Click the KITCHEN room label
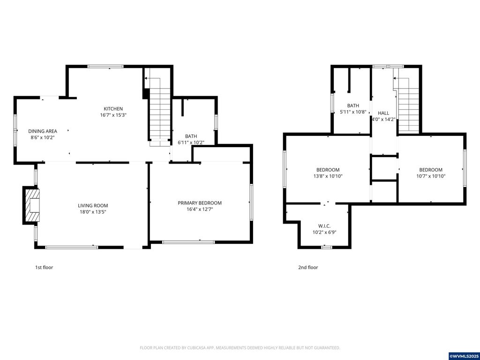(113, 109)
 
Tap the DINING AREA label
(43, 131)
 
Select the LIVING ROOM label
(93, 205)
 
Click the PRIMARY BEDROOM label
(200, 203)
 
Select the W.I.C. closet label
(324, 226)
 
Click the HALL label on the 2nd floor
(383, 113)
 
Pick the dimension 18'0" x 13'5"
(93, 212)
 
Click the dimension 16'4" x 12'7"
(200, 210)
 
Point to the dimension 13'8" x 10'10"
(328, 176)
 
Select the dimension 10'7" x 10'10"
(430, 176)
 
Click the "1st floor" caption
(44, 268)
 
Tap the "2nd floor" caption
(308, 268)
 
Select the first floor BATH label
(191, 136)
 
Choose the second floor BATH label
(353, 106)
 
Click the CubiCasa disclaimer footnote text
(240, 348)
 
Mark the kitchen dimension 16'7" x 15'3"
(113, 115)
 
